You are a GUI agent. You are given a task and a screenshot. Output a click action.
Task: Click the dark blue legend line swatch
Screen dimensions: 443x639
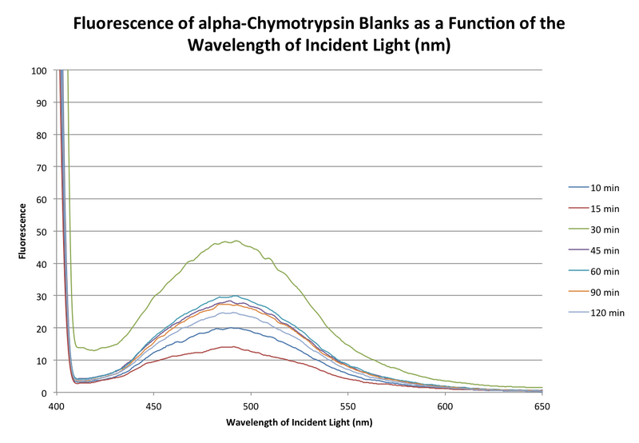(578, 187)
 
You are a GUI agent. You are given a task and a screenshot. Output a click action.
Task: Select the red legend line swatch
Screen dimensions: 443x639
(578, 208)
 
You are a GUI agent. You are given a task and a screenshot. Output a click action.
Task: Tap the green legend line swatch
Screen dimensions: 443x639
(578, 229)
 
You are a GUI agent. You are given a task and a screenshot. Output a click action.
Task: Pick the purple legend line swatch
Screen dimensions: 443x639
(578, 249)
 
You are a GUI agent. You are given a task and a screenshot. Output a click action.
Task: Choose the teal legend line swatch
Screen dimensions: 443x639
(578, 270)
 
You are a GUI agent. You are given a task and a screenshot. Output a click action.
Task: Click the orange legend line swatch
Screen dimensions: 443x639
(578, 290)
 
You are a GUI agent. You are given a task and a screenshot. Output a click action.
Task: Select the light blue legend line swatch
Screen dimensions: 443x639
(578, 311)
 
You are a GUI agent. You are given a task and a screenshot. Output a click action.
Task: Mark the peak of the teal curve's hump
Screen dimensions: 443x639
(233, 297)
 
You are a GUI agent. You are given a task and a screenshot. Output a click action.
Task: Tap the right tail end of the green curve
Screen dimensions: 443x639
(542, 388)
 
